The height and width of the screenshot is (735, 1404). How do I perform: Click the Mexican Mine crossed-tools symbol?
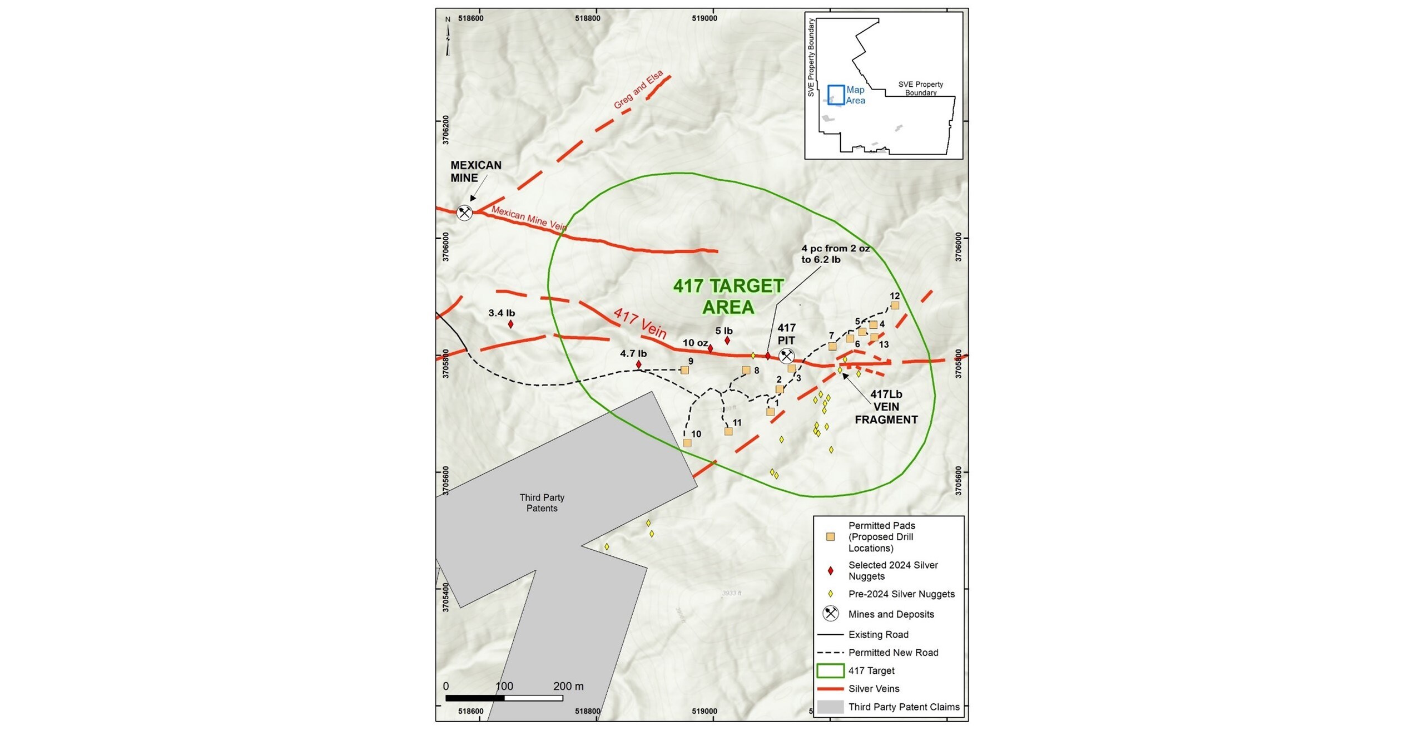pyautogui.click(x=464, y=213)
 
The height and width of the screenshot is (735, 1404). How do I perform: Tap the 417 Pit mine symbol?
pyautogui.click(x=786, y=356)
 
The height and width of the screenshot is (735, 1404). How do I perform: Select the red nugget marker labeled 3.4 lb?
pyautogui.click(x=510, y=324)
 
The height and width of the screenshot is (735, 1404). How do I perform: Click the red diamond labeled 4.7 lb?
pyautogui.click(x=638, y=364)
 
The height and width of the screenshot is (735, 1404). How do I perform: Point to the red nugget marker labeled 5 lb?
pyautogui.click(x=727, y=341)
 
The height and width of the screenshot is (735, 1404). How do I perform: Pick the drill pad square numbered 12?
pyautogui.click(x=895, y=305)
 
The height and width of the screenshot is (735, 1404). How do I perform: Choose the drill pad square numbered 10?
pyautogui.click(x=687, y=443)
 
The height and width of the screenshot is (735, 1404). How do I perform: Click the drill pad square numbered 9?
pyautogui.click(x=684, y=370)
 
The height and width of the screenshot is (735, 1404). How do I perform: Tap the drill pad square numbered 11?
pyautogui.click(x=728, y=431)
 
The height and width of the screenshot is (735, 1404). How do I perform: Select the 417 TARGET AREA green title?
pyautogui.click(x=728, y=297)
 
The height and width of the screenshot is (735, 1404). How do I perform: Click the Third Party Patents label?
pyautogui.click(x=542, y=503)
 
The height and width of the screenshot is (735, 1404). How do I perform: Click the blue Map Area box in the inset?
pyautogui.click(x=836, y=95)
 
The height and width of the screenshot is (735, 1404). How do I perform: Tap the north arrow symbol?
pyautogui.click(x=448, y=37)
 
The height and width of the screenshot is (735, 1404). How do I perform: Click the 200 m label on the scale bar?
pyautogui.click(x=568, y=686)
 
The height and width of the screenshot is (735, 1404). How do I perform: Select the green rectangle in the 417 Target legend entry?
pyautogui.click(x=830, y=670)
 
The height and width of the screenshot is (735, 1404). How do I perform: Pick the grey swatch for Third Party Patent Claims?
pyautogui.click(x=830, y=707)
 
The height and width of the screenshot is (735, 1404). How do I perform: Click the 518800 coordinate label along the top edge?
pyautogui.click(x=588, y=18)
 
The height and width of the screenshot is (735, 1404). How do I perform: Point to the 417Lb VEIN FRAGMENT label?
pyautogui.click(x=886, y=407)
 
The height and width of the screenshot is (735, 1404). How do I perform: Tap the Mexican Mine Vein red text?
pyautogui.click(x=529, y=219)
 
